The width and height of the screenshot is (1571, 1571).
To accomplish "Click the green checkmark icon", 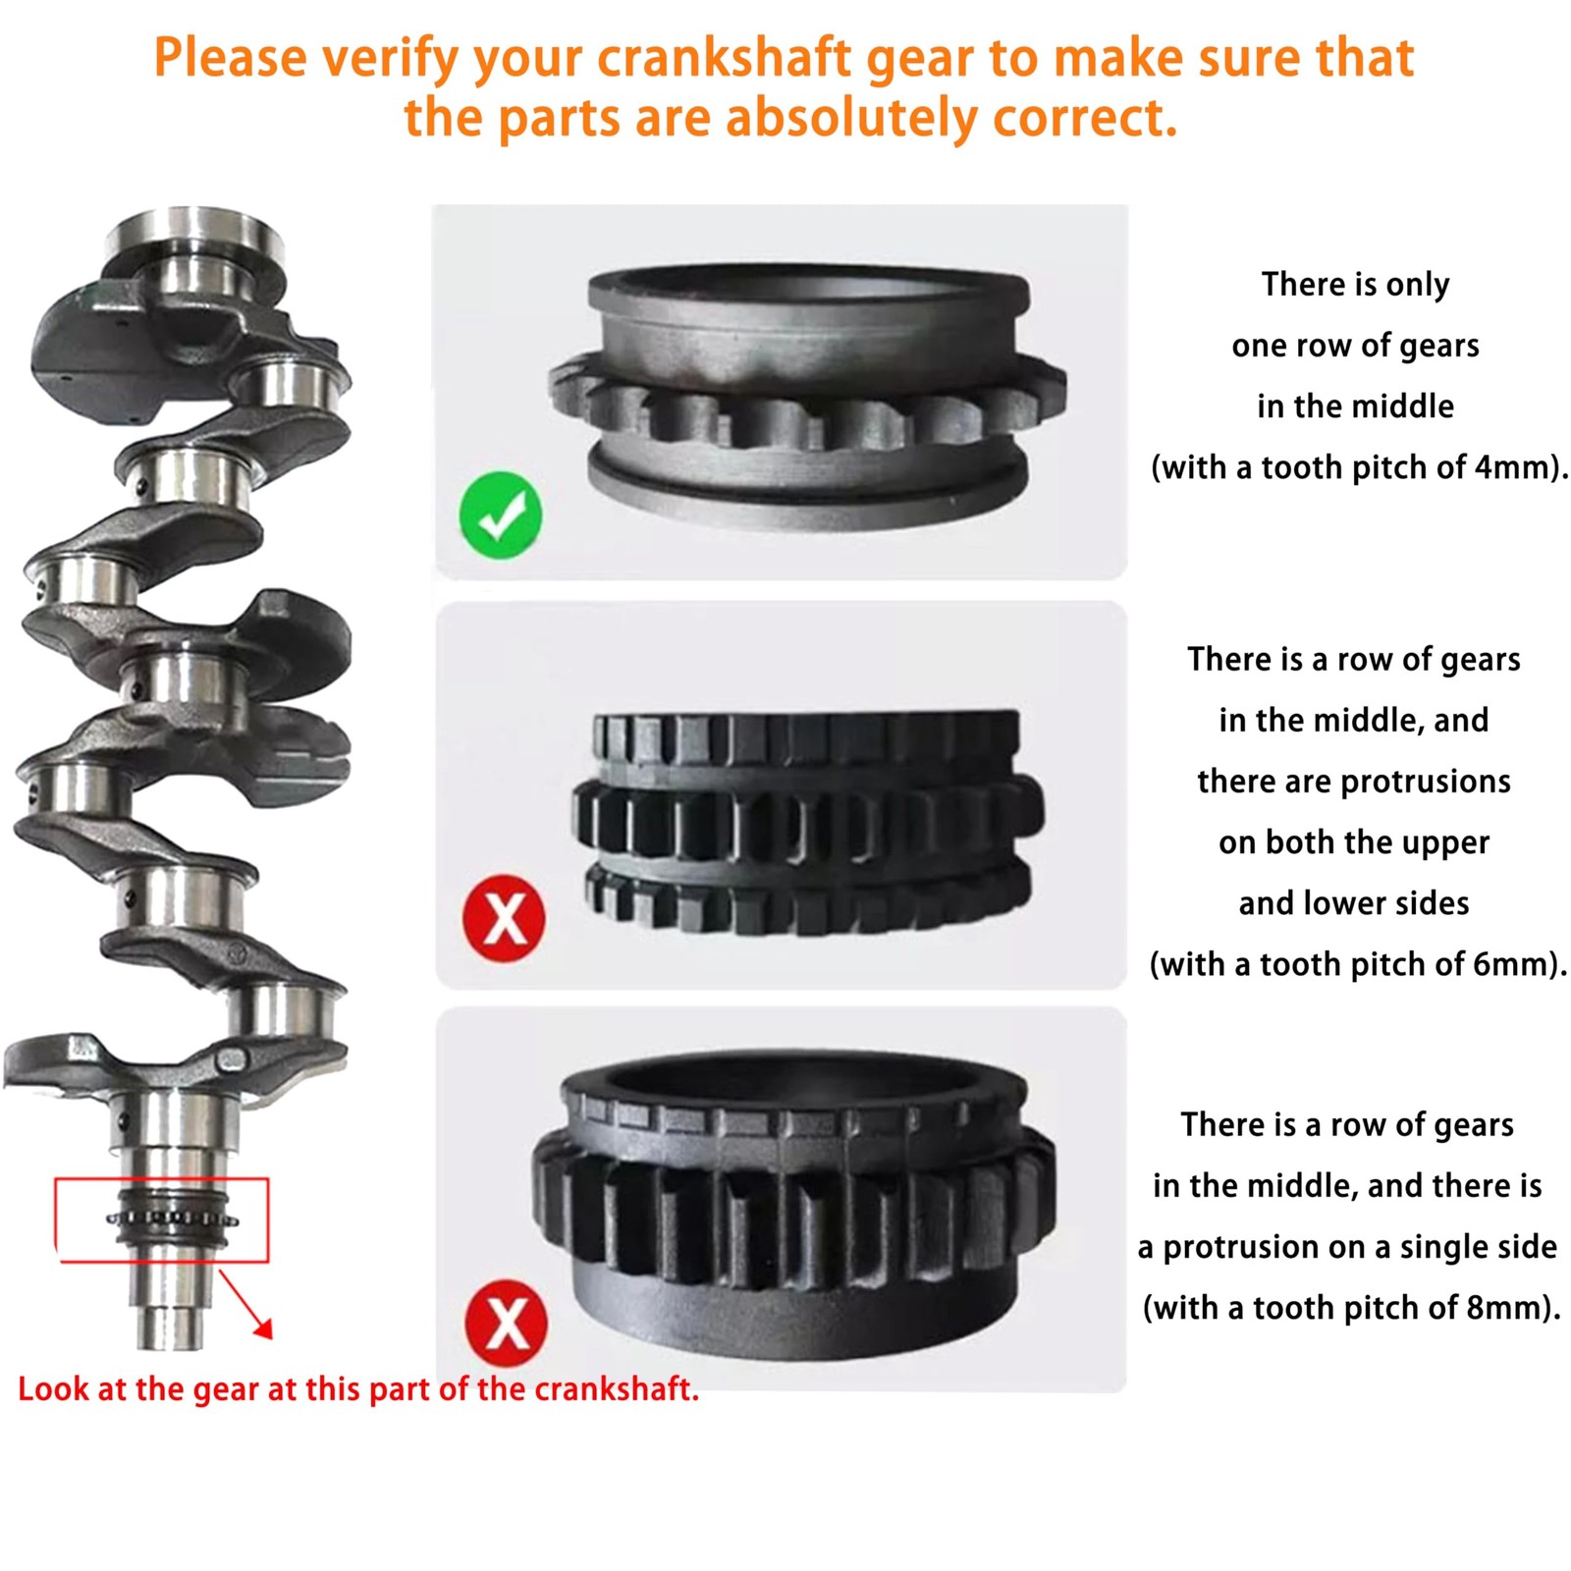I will pyautogui.click(x=500, y=513).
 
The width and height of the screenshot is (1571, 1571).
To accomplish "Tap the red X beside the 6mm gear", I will pyautogui.click(x=505, y=919).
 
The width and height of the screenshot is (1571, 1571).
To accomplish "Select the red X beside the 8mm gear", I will pyautogui.click(x=507, y=1322).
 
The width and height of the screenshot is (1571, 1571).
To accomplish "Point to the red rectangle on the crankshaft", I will pyautogui.click(x=162, y=1219).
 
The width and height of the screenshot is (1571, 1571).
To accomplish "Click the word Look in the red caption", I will pyautogui.click(x=52, y=1389).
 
